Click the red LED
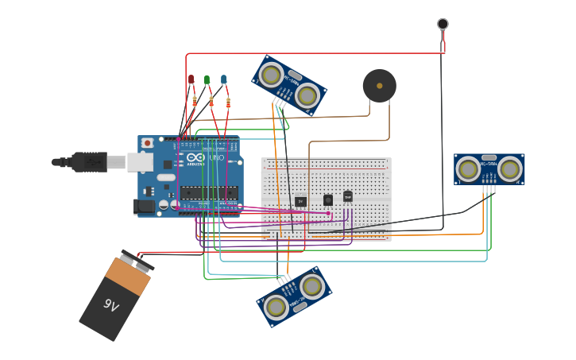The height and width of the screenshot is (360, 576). pyautogui.click(x=191, y=79)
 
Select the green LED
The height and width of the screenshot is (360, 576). pyautogui.click(x=207, y=79)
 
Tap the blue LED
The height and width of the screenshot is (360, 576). pyautogui.click(x=223, y=79)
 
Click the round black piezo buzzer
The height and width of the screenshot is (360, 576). pyautogui.click(x=379, y=86)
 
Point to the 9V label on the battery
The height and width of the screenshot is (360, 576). pyautogui.click(x=111, y=304)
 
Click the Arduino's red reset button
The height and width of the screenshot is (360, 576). pyautogui.click(x=147, y=143)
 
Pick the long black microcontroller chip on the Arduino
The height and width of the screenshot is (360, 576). pyautogui.click(x=208, y=192)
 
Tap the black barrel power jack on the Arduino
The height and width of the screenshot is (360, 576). pyautogui.click(x=145, y=206)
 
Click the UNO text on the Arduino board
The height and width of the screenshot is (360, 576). pyautogui.click(x=217, y=157)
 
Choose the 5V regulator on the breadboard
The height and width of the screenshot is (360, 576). pyautogui.click(x=300, y=201)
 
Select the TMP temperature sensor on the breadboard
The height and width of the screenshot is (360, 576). pyautogui.click(x=347, y=196)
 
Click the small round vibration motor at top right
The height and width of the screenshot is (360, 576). pyautogui.click(x=443, y=24)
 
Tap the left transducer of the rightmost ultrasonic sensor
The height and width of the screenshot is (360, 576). pyautogui.click(x=468, y=168)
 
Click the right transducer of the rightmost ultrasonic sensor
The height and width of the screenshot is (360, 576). pyautogui.click(x=510, y=168)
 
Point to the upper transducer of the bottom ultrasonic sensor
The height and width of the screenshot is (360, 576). pyautogui.click(x=311, y=285)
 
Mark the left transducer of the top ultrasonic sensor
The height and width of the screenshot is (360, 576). pyautogui.click(x=272, y=75)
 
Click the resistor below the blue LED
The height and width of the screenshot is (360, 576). pyautogui.click(x=229, y=103)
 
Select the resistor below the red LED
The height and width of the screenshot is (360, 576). pyautogui.click(x=194, y=101)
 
